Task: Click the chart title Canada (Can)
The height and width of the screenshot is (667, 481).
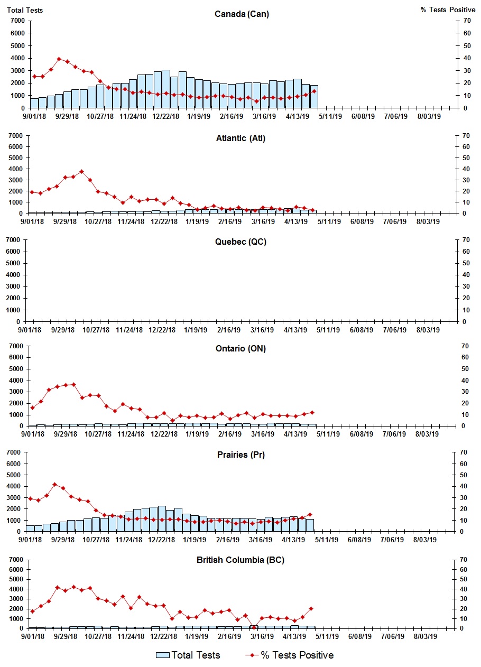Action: [242, 14]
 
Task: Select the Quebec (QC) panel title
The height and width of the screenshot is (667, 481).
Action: [240, 242]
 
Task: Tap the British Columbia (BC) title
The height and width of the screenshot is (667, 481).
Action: [240, 560]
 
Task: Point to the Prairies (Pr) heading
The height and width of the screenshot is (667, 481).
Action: [240, 455]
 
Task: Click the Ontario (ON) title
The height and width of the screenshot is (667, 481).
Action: [240, 348]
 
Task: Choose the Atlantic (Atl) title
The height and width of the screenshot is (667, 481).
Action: [240, 138]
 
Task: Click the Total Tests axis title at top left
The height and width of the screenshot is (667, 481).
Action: [25, 10]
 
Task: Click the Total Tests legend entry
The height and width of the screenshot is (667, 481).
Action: [188, 655]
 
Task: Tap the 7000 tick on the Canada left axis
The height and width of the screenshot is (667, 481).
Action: [17, 21]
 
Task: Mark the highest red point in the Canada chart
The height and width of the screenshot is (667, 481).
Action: [59, 59]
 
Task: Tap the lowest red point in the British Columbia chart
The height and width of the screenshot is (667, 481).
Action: [254, 627]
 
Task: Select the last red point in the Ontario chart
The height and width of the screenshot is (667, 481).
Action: [312, 412]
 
